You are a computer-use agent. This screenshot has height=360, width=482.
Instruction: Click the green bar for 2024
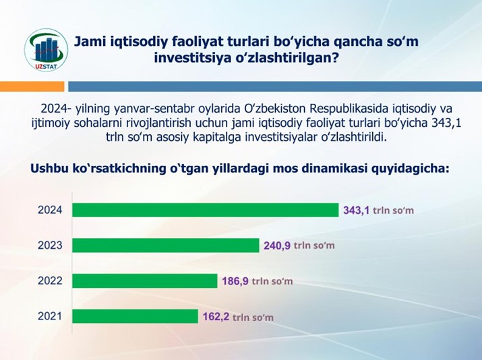click(x=206, y=210)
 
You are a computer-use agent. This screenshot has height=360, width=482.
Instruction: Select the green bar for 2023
click(x=166, y=245)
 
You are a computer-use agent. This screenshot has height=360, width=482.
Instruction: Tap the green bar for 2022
click(x=145, y=280)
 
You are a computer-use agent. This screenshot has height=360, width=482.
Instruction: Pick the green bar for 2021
click(x=135, y=316)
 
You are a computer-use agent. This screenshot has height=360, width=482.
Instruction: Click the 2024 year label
click(x=50, y=210)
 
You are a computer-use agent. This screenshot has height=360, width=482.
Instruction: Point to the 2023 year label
click(x=50, y=245)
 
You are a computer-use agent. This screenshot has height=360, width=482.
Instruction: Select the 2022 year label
click(x=50, y=280)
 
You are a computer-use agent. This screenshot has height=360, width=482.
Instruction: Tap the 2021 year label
click(x=50, y=316)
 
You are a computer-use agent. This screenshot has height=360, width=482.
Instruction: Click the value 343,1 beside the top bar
click(x=356, y=210)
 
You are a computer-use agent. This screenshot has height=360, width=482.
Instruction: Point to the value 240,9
click(x=277, y=245)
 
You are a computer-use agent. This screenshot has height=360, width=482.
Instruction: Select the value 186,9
click(x=235, y=281)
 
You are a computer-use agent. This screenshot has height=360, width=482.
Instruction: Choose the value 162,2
click(x=216, y=316)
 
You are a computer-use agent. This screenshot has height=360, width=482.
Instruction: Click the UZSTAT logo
click(x=46, y=50)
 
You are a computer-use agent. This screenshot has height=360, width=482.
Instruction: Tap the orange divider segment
click(x=32, y=86)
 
